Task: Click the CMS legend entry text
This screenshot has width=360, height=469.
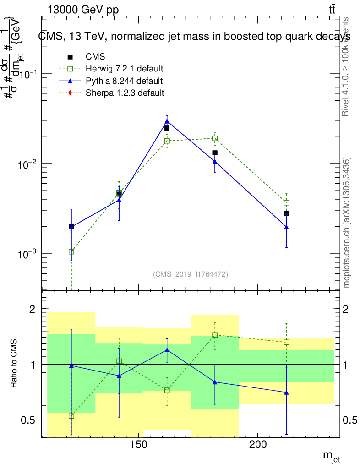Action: [x=95, y=57]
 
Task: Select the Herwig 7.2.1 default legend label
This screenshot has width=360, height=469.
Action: [x=124, y=69]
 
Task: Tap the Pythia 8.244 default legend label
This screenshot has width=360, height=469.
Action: [x=124, y=81]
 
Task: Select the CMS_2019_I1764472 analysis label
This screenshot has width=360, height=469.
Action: [x=190, y=274]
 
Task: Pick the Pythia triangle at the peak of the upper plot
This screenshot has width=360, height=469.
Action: [x=167, y=121]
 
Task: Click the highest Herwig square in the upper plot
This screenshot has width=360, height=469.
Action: [x=215, y=138]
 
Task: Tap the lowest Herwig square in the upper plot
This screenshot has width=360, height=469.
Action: [x=71, y=251]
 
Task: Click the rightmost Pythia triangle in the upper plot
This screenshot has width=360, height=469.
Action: [x=286, y=227]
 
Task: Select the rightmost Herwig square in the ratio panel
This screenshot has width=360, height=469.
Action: [x=286, y=342]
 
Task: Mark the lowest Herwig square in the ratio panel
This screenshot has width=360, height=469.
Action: [x=71, y=416]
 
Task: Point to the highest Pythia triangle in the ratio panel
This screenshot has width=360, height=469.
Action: [x=167, y=350]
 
